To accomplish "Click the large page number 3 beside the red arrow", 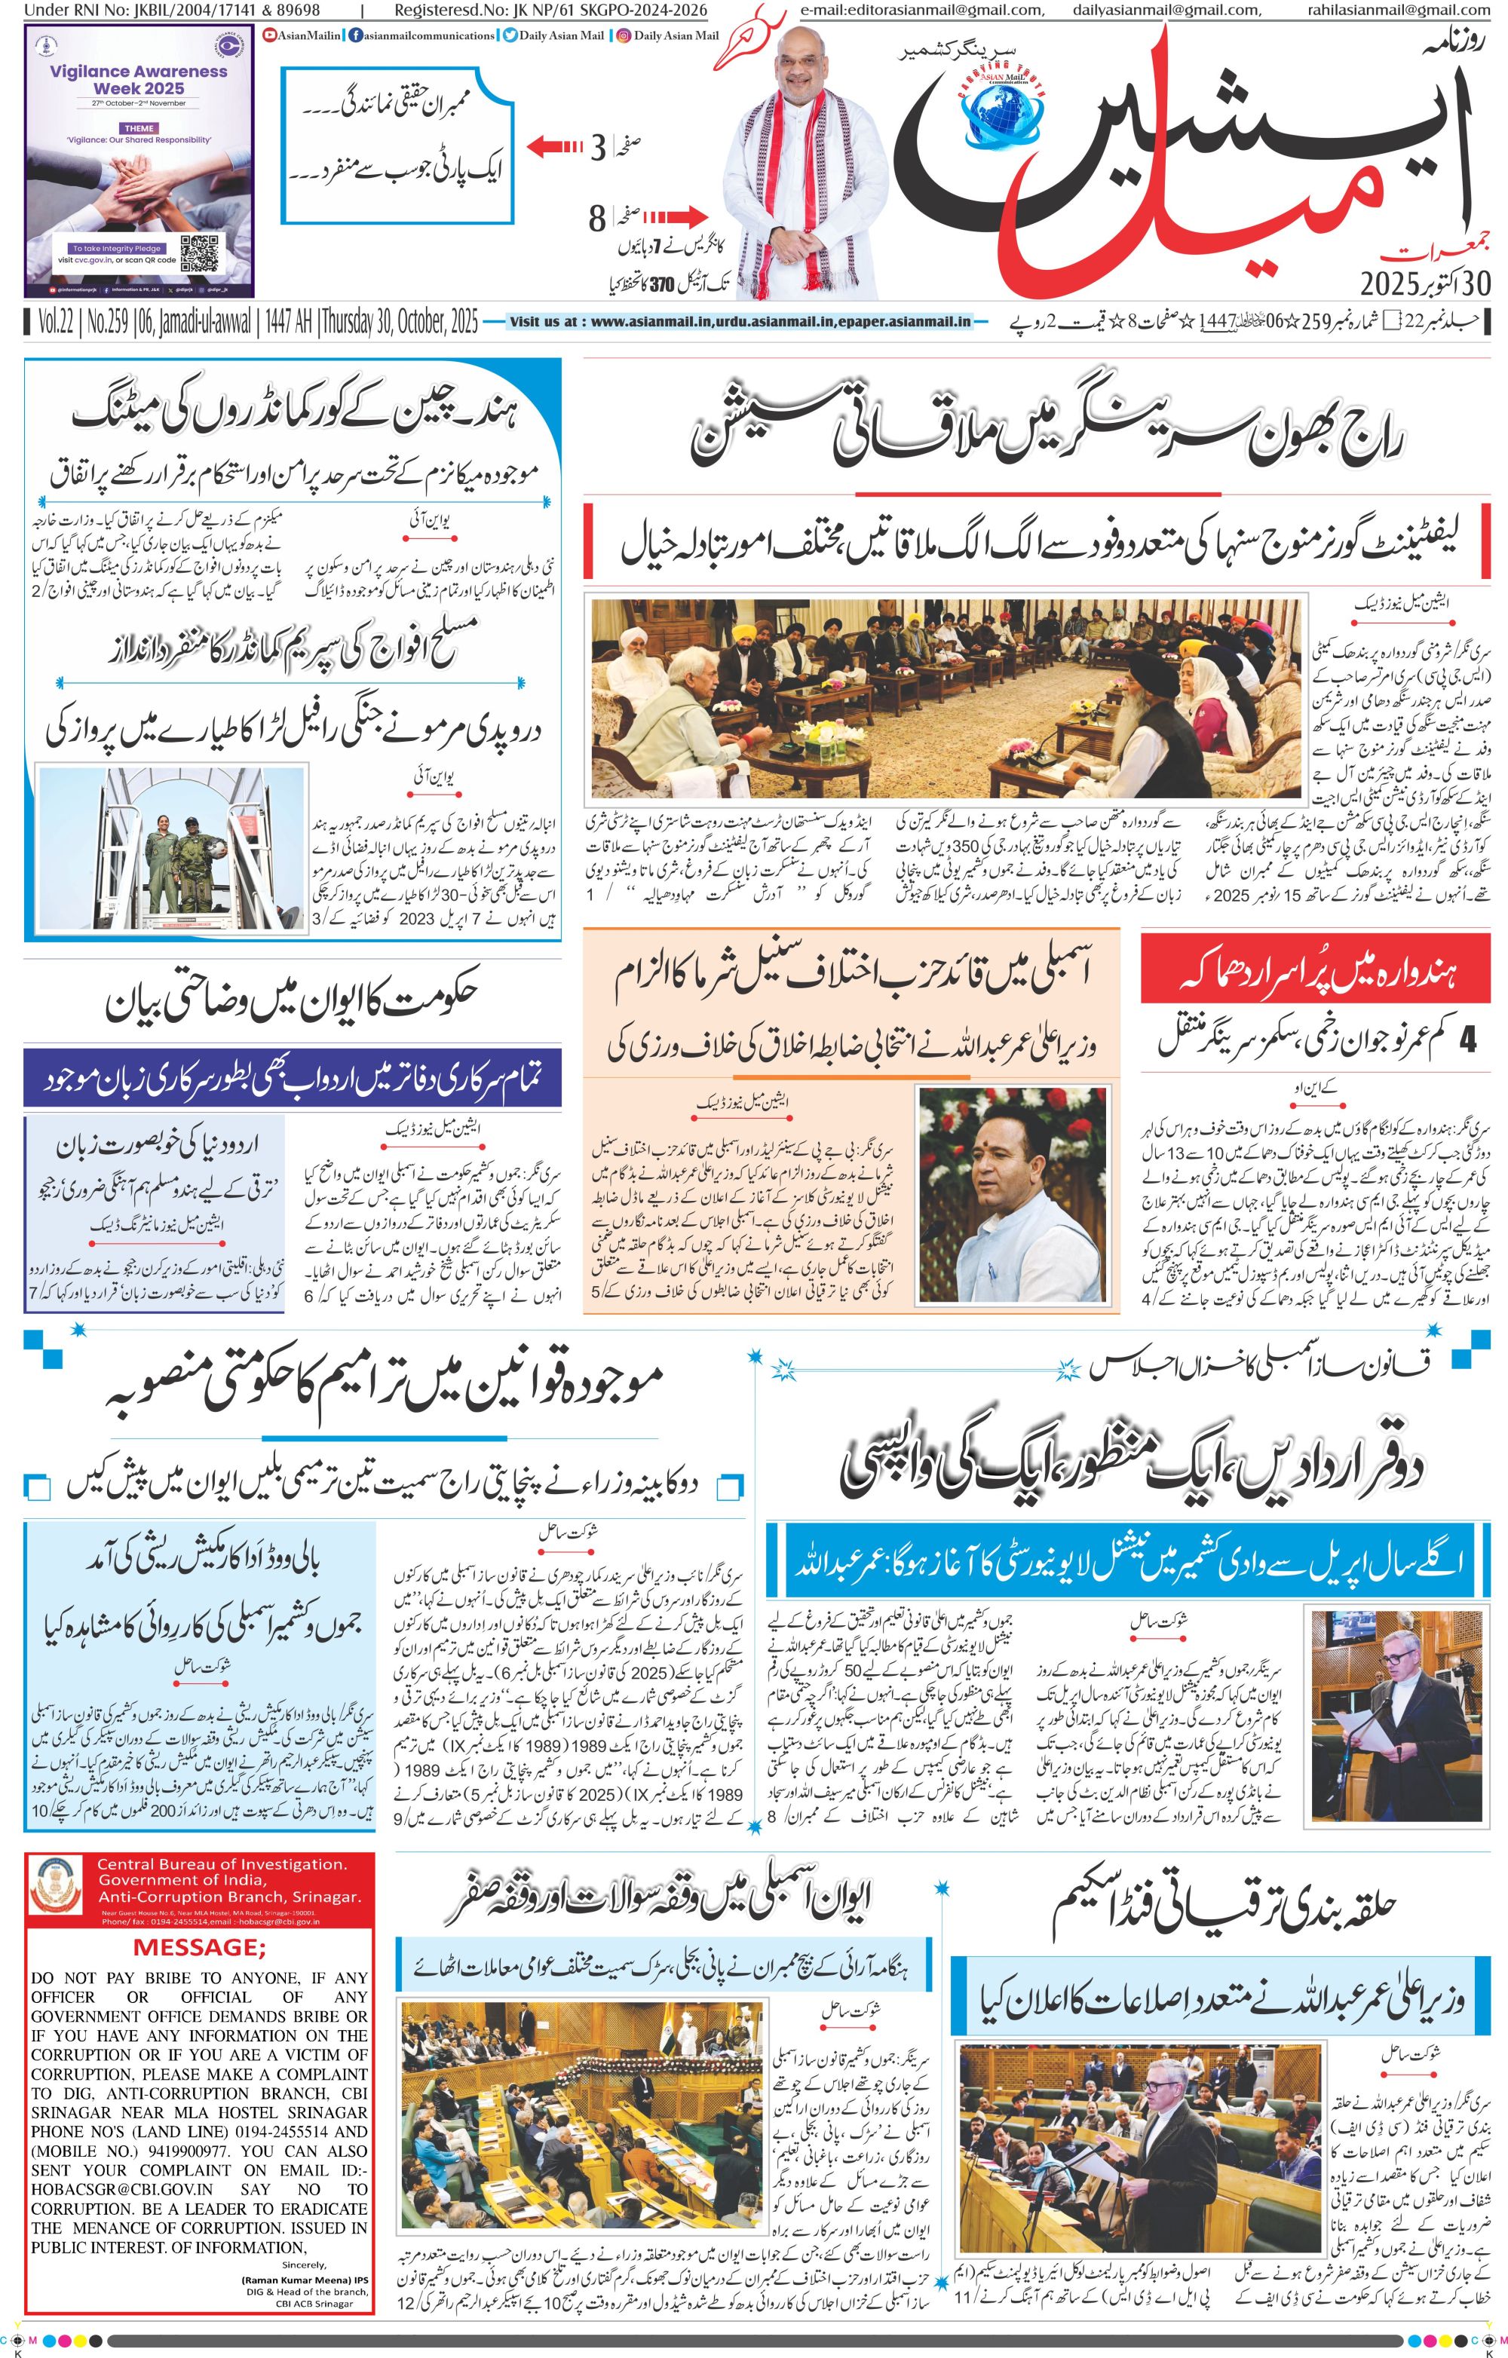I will point(597,149).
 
